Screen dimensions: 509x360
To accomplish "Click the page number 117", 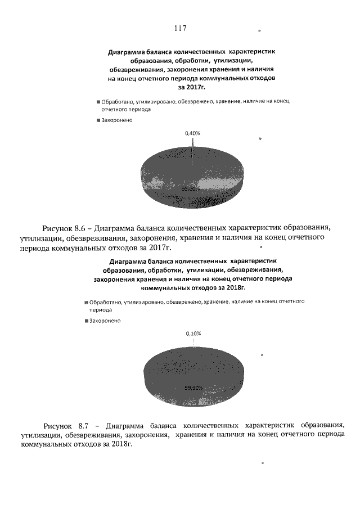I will (180, 28).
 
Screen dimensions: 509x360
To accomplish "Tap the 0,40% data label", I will (192, 133).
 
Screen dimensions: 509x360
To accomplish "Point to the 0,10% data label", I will (193, 333).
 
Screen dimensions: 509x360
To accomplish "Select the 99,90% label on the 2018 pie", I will (193, 388).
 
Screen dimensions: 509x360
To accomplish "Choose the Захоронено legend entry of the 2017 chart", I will (116, 121).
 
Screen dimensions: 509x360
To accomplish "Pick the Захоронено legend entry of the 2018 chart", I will (103, 321).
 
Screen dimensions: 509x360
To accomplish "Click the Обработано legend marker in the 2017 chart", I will (98, 102).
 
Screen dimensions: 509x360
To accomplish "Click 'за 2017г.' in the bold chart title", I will (192, 88).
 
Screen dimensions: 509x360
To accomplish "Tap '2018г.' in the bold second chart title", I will (237, 287).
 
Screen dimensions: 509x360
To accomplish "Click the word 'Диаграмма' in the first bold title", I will (126, 52).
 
